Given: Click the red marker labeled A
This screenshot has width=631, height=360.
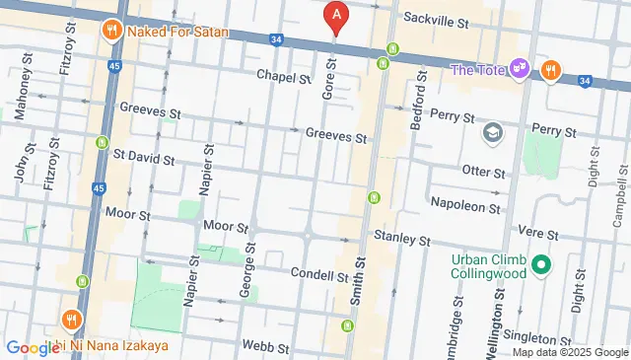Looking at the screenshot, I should point(337,17).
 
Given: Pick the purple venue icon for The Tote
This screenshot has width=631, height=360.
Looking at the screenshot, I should point(520,69).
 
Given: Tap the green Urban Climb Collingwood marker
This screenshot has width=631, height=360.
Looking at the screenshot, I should point(540,264).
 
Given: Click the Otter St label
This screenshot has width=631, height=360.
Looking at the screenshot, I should point(483,171).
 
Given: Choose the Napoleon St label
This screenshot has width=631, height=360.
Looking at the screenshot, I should point(465,205).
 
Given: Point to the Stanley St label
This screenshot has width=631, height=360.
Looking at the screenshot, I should point(402,240).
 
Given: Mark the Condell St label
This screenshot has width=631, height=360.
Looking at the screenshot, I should point(315,273).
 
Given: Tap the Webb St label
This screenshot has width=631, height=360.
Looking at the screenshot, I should point(267,347).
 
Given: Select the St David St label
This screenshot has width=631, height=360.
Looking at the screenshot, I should point(143,157).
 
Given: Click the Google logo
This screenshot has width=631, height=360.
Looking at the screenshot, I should point(33,347).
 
